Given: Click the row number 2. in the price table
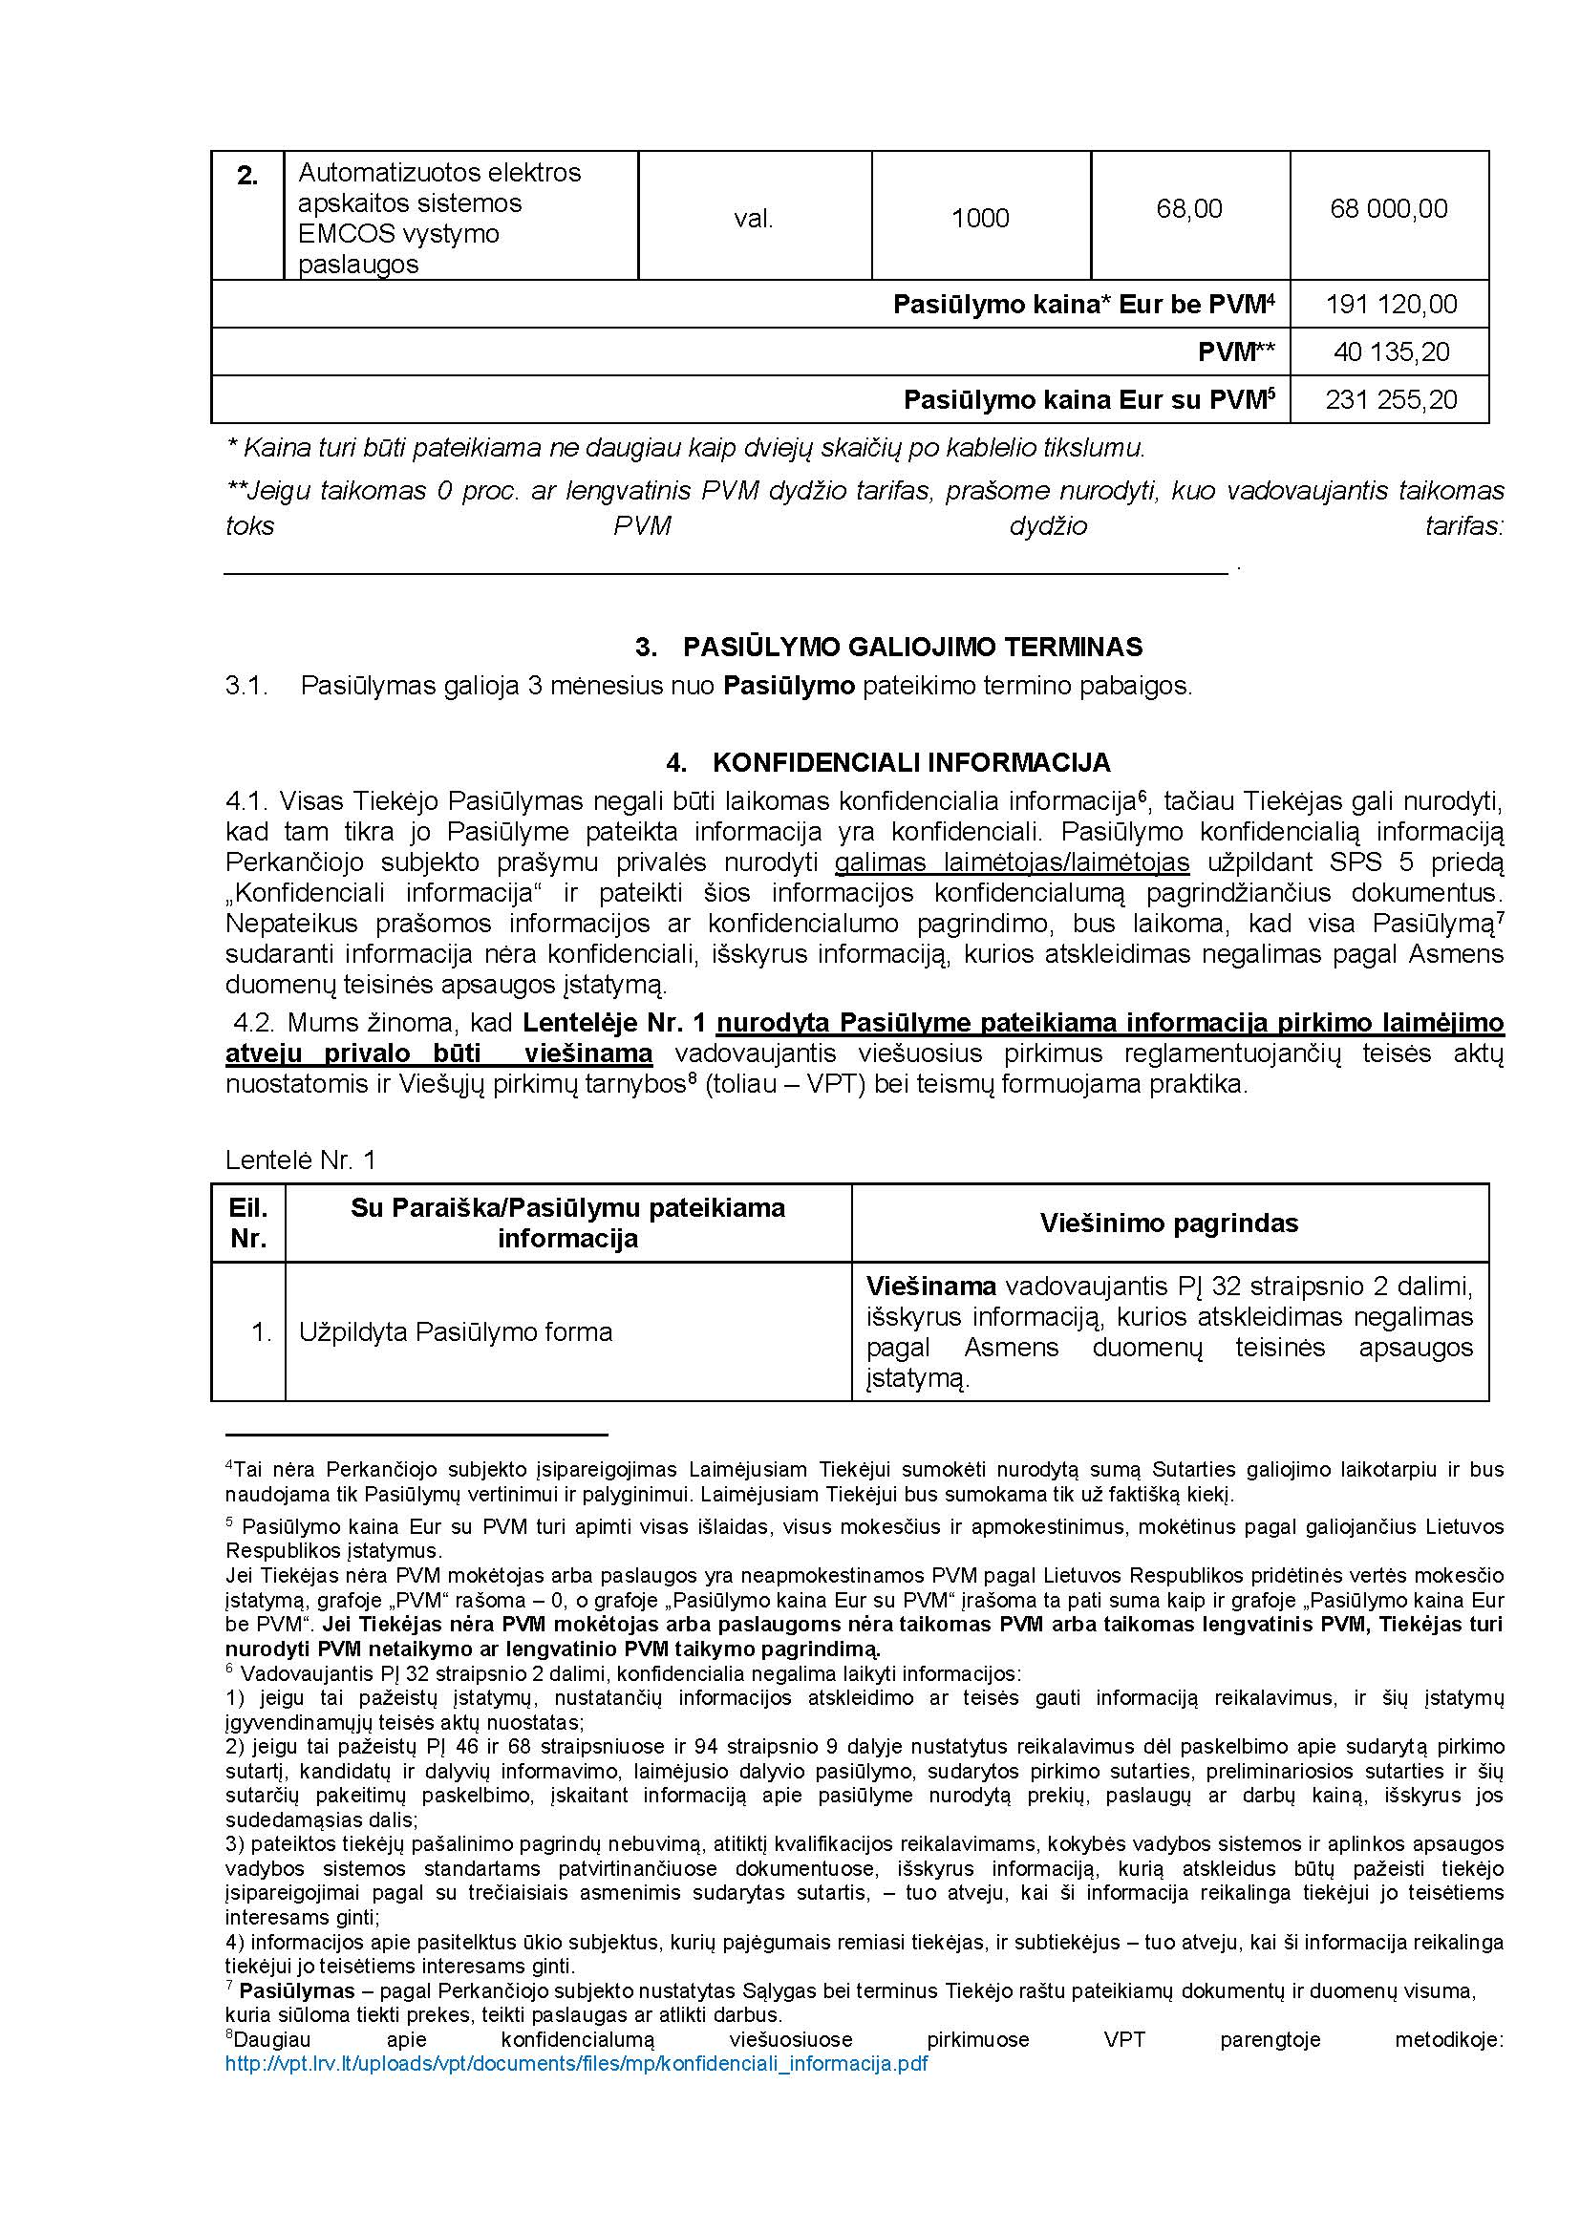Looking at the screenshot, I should [x=247, y=176].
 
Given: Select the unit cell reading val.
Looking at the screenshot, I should [x=753, y=219].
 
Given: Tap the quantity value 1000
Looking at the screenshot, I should [x=980, y=219].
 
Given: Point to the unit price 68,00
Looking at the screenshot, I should [x=1189, y=208].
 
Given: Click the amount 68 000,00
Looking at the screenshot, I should [x=1388, y=208].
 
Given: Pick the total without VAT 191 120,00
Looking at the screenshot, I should [x=1391, y=305].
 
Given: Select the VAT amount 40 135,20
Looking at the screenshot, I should [x=1391, y=352].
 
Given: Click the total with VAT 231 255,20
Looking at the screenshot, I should [x=1391, y=400].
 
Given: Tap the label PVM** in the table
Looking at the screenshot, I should [x=1235, y=352].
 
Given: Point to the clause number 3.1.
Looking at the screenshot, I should [x=246, y=686].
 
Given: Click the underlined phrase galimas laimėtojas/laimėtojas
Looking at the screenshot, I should [x=1012, y=862].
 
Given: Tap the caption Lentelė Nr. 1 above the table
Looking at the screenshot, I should [x=300, y=1160].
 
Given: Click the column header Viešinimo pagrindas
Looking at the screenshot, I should [x=1168, y=1223].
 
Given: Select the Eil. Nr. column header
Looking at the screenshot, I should [x=248, y=1223].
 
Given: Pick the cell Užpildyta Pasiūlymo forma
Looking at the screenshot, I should [x=456, y=1332].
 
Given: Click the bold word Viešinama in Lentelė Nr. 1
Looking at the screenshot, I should [x=931, y=1287].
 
